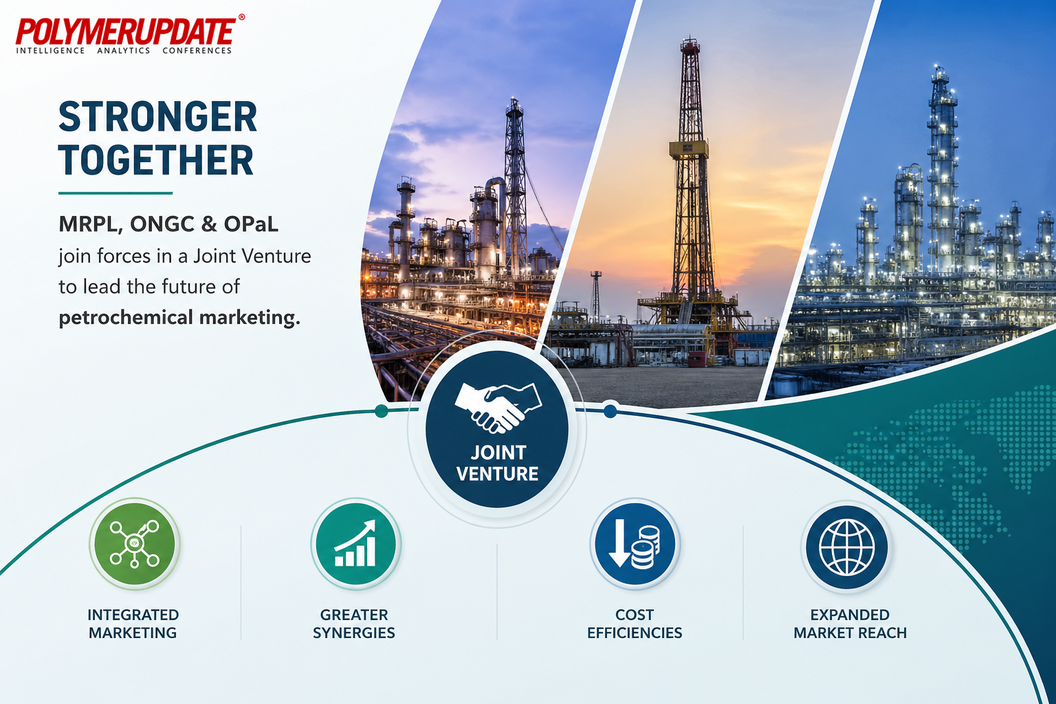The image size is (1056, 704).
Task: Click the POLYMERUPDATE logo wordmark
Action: (126, 32)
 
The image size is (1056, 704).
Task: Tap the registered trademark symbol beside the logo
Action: (241, 17)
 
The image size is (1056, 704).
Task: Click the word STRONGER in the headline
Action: (158, 117)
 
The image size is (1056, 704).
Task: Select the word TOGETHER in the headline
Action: (156, 160)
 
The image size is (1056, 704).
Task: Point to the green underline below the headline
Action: (115, 193)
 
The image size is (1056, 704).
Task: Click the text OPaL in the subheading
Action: (251, 224)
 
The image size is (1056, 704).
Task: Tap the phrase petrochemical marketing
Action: (179, 318)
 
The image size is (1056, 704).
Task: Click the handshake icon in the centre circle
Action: (498, 408)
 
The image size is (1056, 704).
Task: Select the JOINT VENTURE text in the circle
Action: (498, 463)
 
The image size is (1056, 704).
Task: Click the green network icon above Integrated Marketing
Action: (135, 544)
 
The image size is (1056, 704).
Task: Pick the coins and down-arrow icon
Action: (635, 544)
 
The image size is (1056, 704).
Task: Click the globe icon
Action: (847, 547)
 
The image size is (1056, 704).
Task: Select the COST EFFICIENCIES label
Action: (635, 624)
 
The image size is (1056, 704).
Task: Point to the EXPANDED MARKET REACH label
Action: (850, 624)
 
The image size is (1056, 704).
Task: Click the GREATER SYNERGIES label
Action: (354, 624)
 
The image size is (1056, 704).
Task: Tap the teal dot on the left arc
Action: (382, 410)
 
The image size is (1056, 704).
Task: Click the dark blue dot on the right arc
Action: (610, 410)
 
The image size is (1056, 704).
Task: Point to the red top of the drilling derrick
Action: (690, 45)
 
